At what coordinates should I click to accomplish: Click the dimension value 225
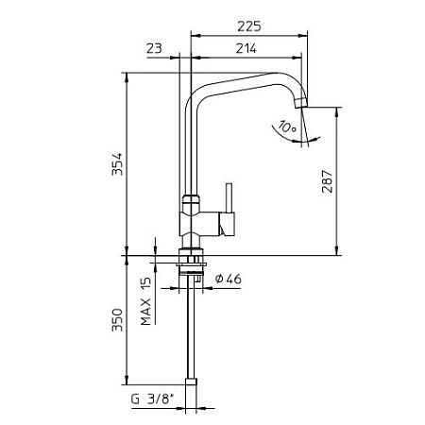pos(247,27)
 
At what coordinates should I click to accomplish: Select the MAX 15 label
pos(146,301)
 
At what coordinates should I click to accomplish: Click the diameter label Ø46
pos(229,280)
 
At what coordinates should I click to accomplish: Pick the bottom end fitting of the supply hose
pos(193,382)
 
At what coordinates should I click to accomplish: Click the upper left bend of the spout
pos(195,98)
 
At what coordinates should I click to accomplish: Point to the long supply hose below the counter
pos(193,331)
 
